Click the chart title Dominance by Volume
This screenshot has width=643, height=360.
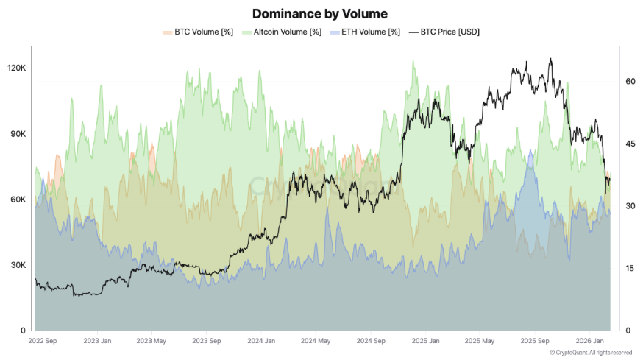click(319, 13)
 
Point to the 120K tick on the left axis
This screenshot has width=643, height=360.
click(16, 68)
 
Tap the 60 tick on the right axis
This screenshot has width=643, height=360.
click(630, 82)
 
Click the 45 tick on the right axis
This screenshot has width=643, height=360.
click(630, 144)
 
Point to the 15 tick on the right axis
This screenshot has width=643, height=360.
click(630, 268)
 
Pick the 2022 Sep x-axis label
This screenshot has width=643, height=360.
click(43, 341)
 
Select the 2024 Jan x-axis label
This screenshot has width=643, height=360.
click(262, 341)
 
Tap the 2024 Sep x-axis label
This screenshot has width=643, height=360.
click(370, 341)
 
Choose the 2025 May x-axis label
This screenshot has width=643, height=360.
click(478, 341)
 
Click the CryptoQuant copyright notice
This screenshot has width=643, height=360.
click(591, 353)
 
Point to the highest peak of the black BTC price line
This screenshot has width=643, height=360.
click(550, 59)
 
